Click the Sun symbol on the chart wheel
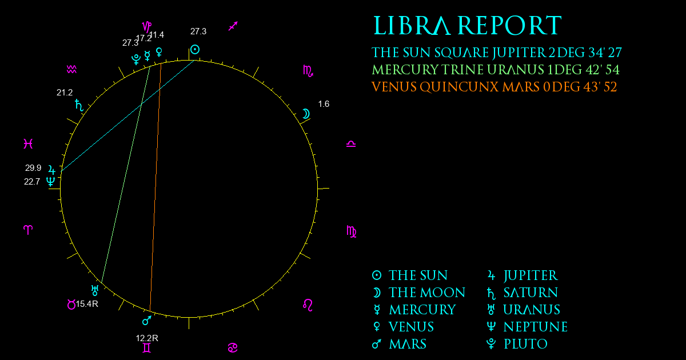pos(195,49)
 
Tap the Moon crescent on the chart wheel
pos(306,114)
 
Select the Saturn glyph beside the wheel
pos(79,105)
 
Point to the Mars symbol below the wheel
pos(147,320)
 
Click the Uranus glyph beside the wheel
pos(95,290)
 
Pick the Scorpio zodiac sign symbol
pos(308,71)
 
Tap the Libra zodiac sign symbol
pos(351,144)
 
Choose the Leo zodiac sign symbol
pos(308,305)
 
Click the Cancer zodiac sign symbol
pos(233,348)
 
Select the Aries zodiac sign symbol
pos(28,230)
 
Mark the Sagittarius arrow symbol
pos(233,26)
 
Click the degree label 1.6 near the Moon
pos(324,104)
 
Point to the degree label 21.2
pos(65,93)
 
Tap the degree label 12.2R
pos(147,338)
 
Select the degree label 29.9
pos(33,168)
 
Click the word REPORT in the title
pos(509,26)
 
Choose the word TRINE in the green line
pos(462,70)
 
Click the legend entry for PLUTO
pos(517,344)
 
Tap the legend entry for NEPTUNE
pos(527,327)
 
